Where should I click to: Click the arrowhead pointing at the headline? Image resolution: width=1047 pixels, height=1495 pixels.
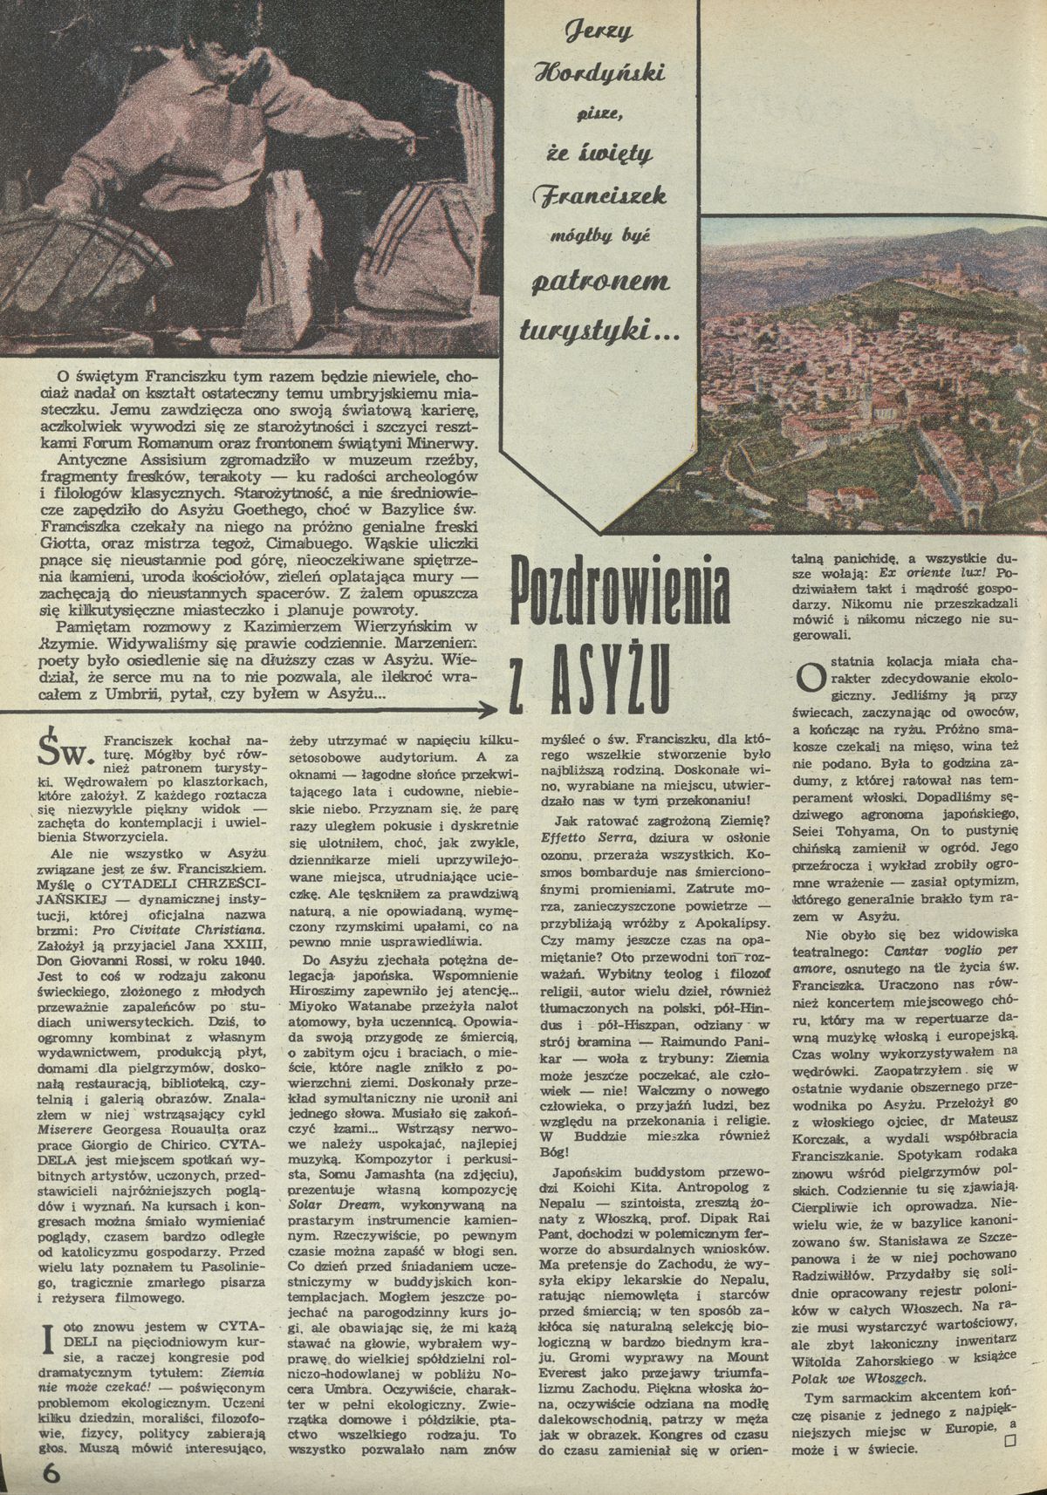point(483,709)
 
